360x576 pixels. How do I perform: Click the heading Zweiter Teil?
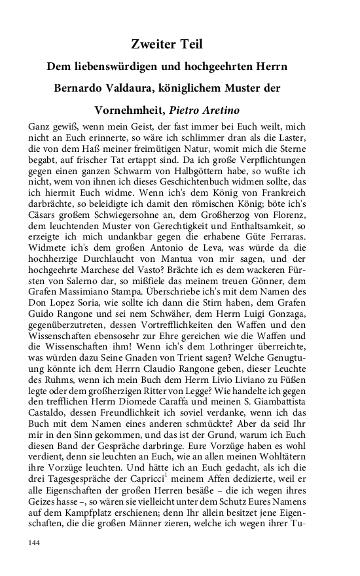click(x=167, y=45)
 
